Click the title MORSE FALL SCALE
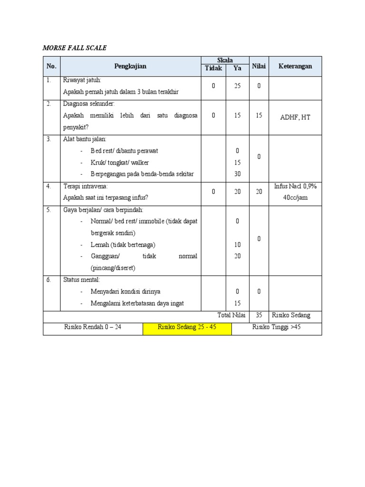pyautogui.click(x=75, y=48)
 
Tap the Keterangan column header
pyautogui.click(x=295, y=66)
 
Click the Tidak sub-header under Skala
pyautogui.click(x=213, y=68)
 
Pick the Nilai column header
pyautogui.click(x=259, y=66)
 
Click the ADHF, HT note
pyautogui.click(x=295, y=117)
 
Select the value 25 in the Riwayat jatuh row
pyautogui.click(x=238, y=86)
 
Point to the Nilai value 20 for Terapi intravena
pyautogui.click(x=259, y=192)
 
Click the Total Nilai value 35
pyautogui.click(x=259, y=315)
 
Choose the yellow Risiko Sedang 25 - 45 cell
pyautogui.click(x=187, y=327)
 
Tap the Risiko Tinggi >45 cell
pyautogui.click(x=276, y=327)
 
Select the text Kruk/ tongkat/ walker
pyautogui.click(x=119, y=163)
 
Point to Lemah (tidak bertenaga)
pyautogui.click(x=123, y=245)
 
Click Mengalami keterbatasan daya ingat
pyautogui.click(x=137, y=303)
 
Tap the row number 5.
pyautogui.click(x=49, y=210)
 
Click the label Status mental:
pyautogui.click(x=82, y=280)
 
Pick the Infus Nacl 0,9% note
pyautogui.click(x=295, y=186)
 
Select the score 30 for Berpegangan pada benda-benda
pyautogui.click(x=238, y=174)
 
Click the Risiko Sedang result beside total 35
pyautogui.click(x=291, y=315)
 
